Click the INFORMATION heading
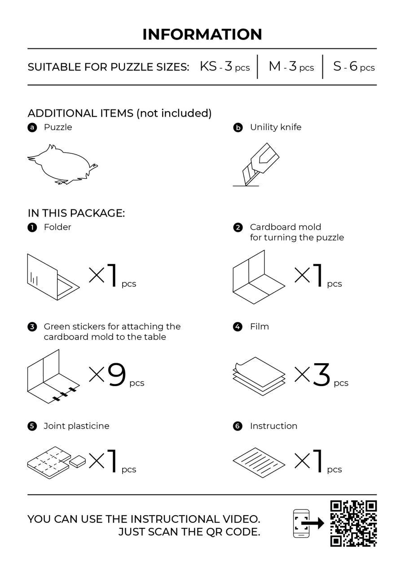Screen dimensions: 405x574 click(202, 35)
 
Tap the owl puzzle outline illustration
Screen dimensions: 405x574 click(62, 164)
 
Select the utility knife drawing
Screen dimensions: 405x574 click(256, 165)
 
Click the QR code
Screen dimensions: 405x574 click(353, 523)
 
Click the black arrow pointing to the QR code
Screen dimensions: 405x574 click(313, 523)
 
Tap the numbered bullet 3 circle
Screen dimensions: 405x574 click(32, 327)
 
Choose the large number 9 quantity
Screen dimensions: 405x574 click(117, 374)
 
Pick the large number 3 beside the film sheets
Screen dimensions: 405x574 click(321, 374)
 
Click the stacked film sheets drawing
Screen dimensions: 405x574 click(259, 376)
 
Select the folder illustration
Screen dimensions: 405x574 click(53, 277)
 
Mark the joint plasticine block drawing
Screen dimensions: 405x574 click(57, 463)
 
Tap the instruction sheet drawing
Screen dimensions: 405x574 click(259, 463)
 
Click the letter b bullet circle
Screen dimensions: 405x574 click(238, 127)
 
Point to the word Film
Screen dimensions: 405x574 click(260, 326)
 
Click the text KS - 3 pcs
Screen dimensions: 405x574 click(225, 66)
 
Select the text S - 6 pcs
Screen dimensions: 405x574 click(354, 66)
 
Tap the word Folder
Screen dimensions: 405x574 click(57, 227)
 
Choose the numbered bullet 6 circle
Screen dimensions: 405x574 click(238, 426)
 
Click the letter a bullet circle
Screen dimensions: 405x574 click(32, 127)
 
